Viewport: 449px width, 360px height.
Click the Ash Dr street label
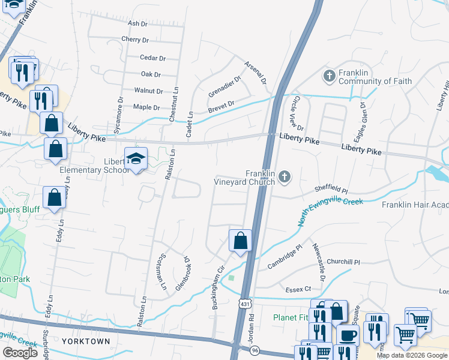pyautogui.click(x=137, y=23)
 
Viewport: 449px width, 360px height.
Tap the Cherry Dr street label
pyautogui.click(x=134, y=40)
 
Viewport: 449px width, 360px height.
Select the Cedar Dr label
pyautogui.click(x=152, y=58)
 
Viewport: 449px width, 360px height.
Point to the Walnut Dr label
pyautogui.click(x=148, y=91)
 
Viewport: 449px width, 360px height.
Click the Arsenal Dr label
pyautogui.click(x=255, y=72)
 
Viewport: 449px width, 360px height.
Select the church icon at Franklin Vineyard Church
pyautogui.click(x=285, y=176)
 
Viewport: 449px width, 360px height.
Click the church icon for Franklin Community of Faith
pyautogui.click(x=329, y=76)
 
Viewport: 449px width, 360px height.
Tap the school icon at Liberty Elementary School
pyautogui.click(x=136, y=160)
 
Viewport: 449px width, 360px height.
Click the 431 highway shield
pyautogui.click(x=244, y=305)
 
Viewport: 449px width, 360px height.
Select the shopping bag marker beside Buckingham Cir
pyautogui.click(x=240, y=241)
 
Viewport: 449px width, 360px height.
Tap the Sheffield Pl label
pyautogui.click(x=331, y=189)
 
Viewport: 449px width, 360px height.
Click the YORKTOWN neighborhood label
pyautogui.click(x=85, y=341)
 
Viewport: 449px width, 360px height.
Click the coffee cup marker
pyautogui.click(x=348, y=336)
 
